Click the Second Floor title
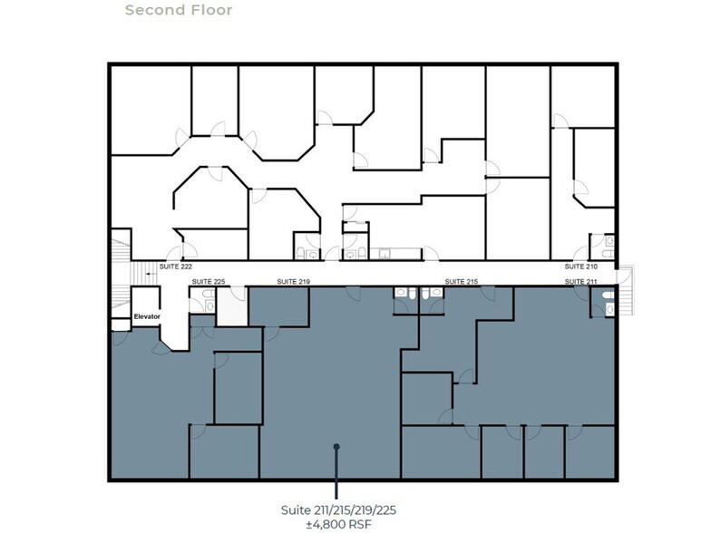coord(179,11)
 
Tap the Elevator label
coord(146,316)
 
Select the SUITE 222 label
coord(175,266)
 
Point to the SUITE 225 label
coord(208,282)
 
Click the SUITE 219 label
coord(293,282)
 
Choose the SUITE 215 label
coord(460,282)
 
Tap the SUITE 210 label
coord(581,266)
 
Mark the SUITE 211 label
coord(581,282)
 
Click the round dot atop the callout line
coord(336,446)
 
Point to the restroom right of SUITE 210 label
coord(603,247)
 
